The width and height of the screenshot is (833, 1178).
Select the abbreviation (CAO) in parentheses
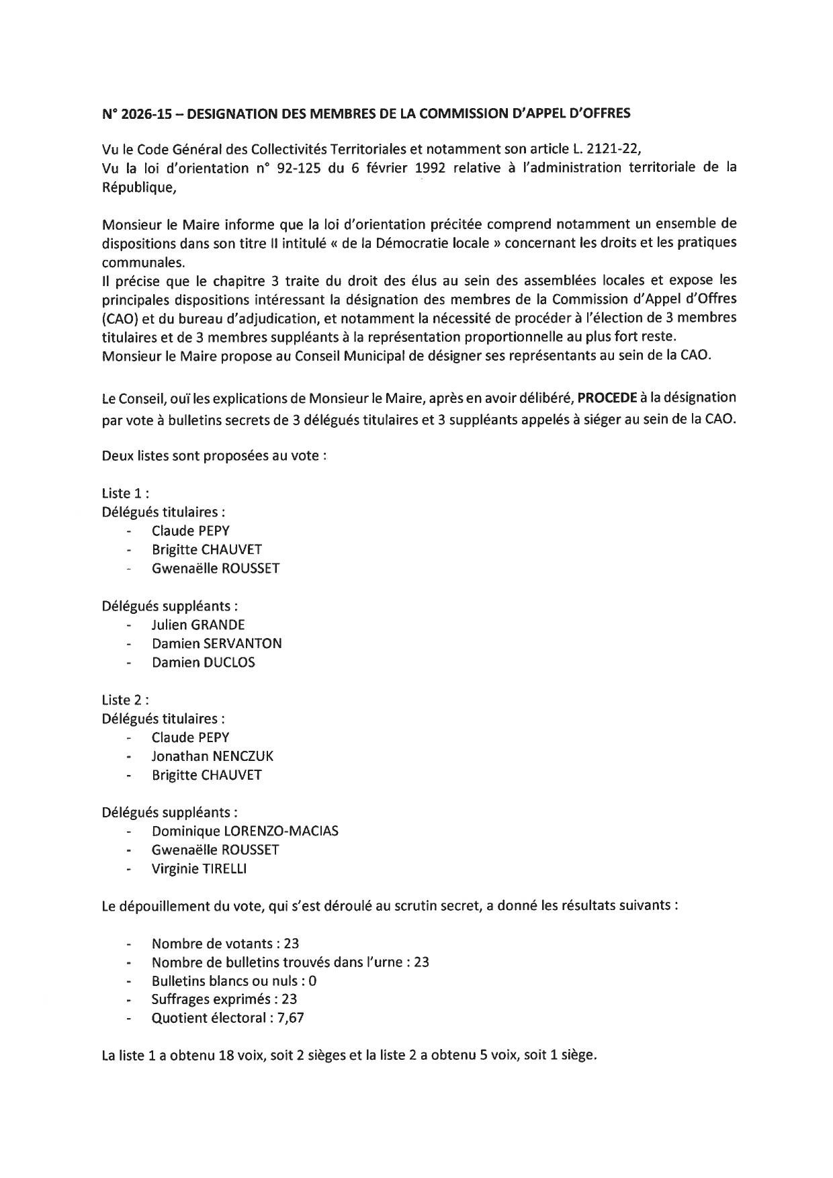click(120, 317)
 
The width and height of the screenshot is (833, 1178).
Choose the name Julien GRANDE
click(198, 625)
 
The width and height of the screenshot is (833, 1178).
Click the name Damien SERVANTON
click(216, 643)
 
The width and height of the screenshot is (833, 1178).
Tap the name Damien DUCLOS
click(203, 663)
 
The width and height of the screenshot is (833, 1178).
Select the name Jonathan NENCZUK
click(212, 756)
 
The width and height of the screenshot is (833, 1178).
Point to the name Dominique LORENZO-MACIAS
click(245, 831)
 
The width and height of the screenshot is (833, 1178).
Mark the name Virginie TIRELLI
click(199, 869)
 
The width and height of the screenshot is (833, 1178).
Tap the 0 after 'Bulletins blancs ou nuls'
click(313, 981)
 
